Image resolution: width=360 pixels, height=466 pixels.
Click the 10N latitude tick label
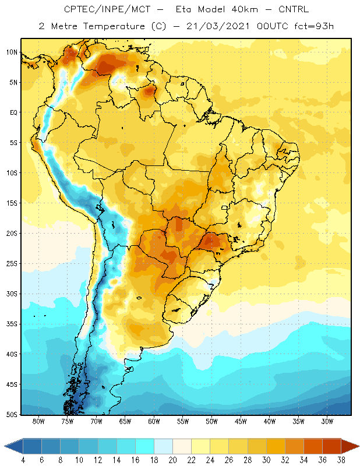coord(12,52)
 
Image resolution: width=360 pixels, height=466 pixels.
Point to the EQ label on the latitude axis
coord(13,112)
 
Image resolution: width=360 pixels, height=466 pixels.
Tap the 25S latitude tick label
coord(12,264)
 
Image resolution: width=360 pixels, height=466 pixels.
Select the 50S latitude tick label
coord(12,415)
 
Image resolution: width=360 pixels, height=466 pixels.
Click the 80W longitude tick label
coord(38,421)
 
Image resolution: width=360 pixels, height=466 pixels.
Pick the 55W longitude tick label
coord(183,421)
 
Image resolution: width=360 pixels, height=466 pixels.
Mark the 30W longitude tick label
coord(327,421)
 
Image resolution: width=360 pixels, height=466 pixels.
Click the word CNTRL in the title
coord(294,9)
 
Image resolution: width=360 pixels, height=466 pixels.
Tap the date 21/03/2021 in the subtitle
coord(218,26)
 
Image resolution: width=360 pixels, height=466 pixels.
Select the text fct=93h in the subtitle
coord(314,26)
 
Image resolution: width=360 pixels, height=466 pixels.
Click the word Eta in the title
coord(183,9)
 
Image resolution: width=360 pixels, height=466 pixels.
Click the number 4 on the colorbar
coord(23,460)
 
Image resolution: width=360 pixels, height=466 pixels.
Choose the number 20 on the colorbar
coord(172,460)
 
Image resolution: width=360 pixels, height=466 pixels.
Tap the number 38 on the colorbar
coord(341,460)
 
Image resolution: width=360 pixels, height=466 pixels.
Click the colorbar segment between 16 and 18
coord(145,446)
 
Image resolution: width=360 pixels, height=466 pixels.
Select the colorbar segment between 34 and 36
coord(313,446)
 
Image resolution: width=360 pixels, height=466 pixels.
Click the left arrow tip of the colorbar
coord(4,446)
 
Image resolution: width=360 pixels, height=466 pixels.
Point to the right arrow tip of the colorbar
coord(359,446)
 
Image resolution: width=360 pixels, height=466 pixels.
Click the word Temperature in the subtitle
coord(114,26)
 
